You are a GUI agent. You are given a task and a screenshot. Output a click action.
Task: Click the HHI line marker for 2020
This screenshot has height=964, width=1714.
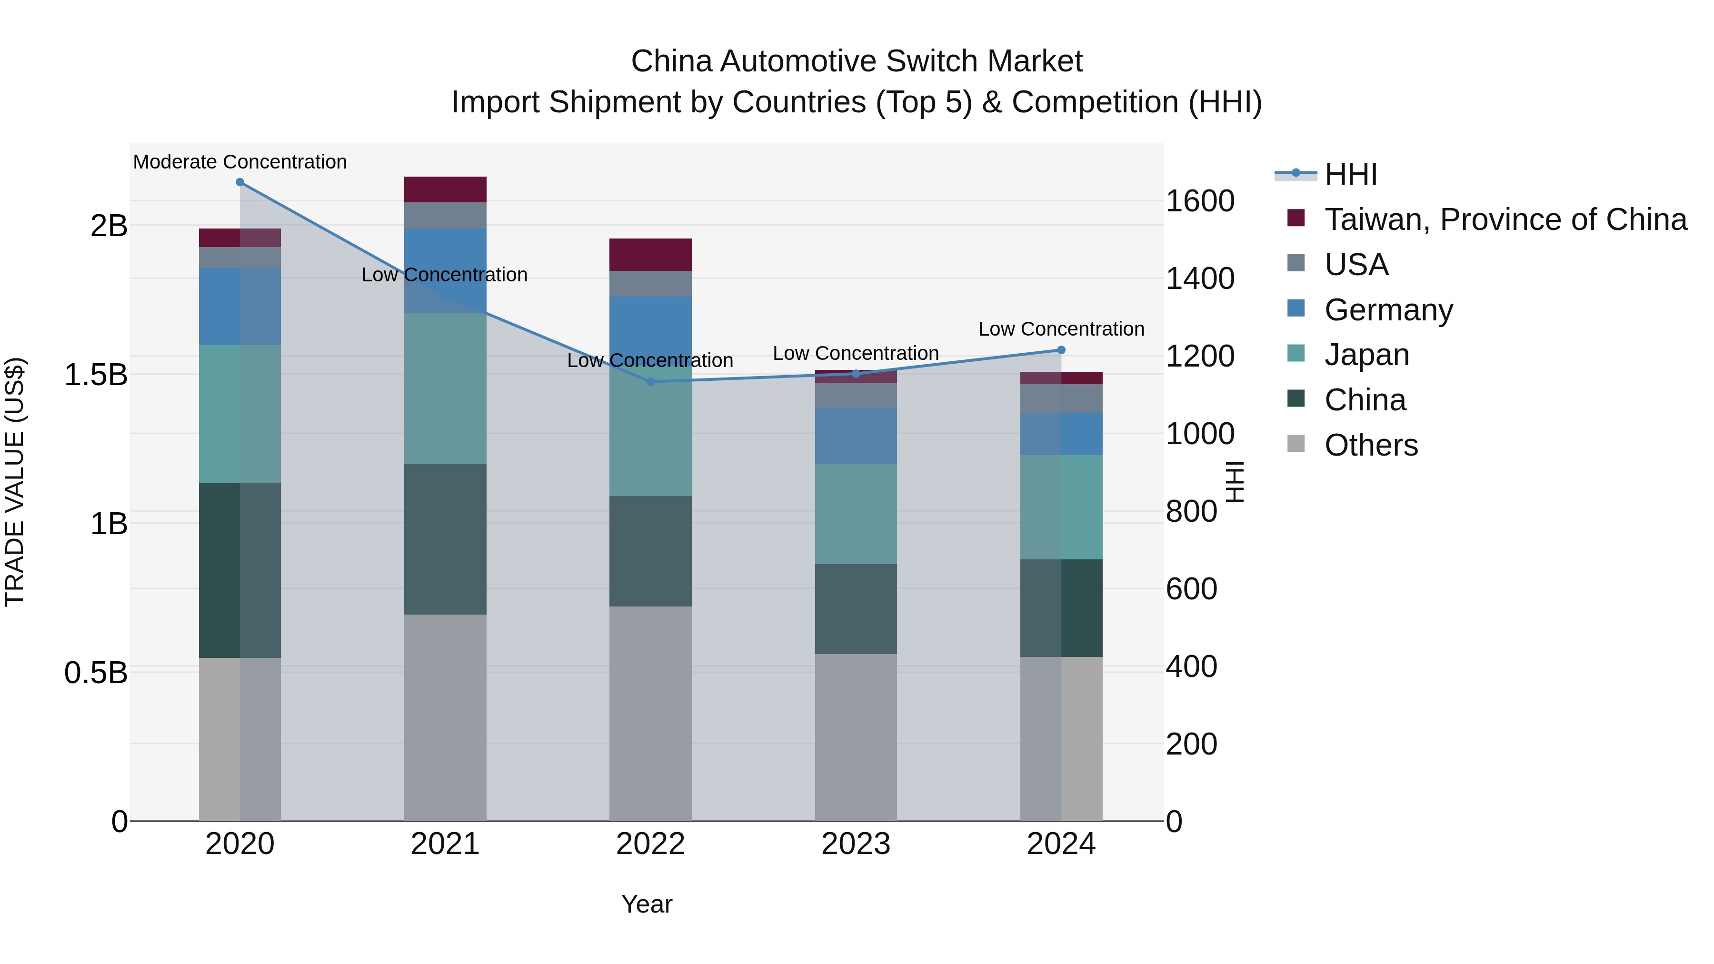click(x=240, y=182)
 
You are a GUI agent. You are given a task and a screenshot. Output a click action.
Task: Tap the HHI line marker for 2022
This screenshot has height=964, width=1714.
click(x=651, y=382)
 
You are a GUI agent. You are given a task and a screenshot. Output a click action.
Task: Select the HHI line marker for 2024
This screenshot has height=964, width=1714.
click(x=1061, y=350)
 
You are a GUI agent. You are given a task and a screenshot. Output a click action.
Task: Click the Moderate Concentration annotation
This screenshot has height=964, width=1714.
click(x=240, y=162)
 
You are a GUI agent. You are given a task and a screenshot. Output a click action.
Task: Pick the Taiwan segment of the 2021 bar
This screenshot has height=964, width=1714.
click(x=445, y=189)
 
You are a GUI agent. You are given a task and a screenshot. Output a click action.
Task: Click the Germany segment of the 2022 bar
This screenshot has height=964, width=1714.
click(x=651, y=331)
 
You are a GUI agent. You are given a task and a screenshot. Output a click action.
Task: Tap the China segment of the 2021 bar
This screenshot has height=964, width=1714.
click(x=445, y=539)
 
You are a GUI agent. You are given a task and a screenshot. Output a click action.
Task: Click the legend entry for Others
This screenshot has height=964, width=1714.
click(x=1371, y=445)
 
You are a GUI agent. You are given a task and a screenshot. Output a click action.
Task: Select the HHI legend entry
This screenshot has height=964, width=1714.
click(x=1350, y=174)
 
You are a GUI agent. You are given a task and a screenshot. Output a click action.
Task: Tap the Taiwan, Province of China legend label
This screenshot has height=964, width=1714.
click(x=1505, y=219)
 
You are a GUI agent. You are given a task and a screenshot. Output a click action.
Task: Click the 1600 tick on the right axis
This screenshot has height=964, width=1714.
click(x=1200, y=201)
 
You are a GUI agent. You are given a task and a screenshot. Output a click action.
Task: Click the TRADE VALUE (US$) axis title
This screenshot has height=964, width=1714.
click(x=15, y=482)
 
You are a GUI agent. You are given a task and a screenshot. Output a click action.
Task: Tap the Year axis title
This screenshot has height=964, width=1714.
click(x=647, y=904)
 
